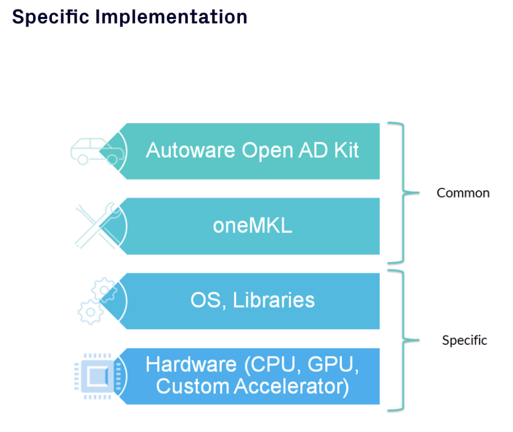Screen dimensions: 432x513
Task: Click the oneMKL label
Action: [x=252, y=226]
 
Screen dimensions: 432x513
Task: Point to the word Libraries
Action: [x=274, y=300]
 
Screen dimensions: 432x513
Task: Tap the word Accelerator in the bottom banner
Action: [x=292, y=387]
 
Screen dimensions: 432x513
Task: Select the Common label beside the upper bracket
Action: [x=463, y=193]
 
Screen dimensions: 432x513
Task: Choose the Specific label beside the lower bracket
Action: [x=464, y=340]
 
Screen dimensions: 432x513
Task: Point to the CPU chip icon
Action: [x=95, y=375]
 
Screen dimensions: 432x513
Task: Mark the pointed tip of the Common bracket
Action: [x=417, y=192]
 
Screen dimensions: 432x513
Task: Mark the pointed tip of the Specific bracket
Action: [x=417, y=340]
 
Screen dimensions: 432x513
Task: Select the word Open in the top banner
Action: [x=264, y=150]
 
